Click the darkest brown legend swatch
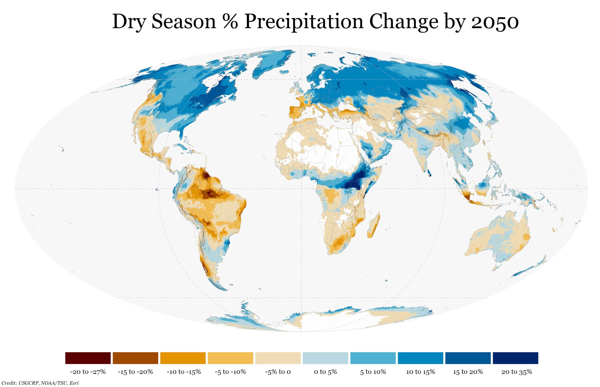coord(88,358)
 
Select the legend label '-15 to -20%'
coord(135,372)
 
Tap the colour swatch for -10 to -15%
coord(183,358)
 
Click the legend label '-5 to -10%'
coord(230,372)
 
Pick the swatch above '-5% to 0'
coord(278,358)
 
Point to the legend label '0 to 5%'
coord(325,372)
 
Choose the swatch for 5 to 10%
coord(373,358)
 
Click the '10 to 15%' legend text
coord(420,372)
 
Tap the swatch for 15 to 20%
coord(468,358)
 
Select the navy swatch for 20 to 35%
coord(515,358)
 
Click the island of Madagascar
coord(374,226)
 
